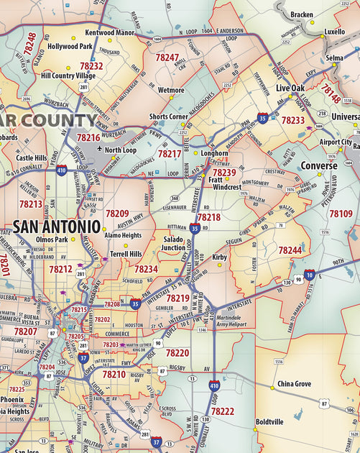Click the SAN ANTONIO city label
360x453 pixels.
(x=56, y=226)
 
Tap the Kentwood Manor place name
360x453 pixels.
(x=109, y=32)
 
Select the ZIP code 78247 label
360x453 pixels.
(x=167, y=58)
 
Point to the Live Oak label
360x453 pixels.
(x=290, y=88)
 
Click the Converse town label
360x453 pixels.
(x=318, y=165)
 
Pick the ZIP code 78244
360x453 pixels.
(x=290, y=250)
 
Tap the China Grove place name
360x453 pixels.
(x=294, y=384)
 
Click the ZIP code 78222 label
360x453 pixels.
(x=223, y=411)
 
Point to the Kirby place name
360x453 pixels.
(x=219, y=257)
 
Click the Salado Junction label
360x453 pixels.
(x=174, y=243)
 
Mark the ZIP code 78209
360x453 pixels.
(x=117, y=214)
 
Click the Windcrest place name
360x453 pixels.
(x=227, y=187)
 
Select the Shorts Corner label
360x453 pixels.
(x=169, y=116)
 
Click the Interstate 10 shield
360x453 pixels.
(x=309, y=274)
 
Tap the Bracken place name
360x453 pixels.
(x=301, y=14)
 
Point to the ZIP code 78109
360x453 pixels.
(x=341, y=214)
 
